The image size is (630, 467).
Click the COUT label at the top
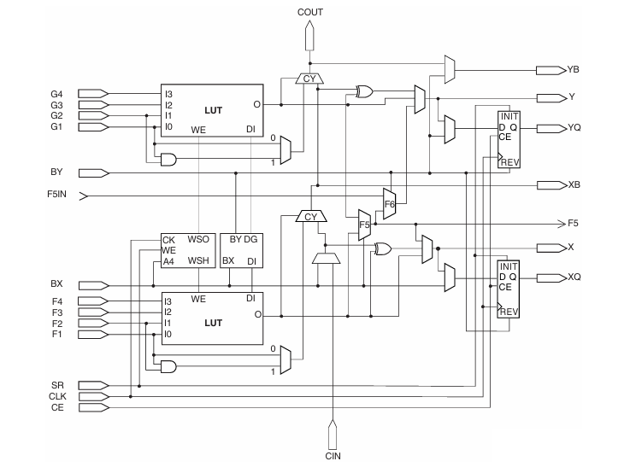309,13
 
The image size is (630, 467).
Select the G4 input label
57,92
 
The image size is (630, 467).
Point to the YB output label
574,68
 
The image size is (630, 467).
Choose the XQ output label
574,277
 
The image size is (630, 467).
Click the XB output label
574,184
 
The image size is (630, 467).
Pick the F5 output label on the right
574,224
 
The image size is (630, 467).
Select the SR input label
56,386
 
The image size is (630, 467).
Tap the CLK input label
58,397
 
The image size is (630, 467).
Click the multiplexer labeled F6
390,203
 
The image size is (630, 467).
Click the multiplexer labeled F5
364,225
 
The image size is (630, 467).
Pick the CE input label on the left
56,408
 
